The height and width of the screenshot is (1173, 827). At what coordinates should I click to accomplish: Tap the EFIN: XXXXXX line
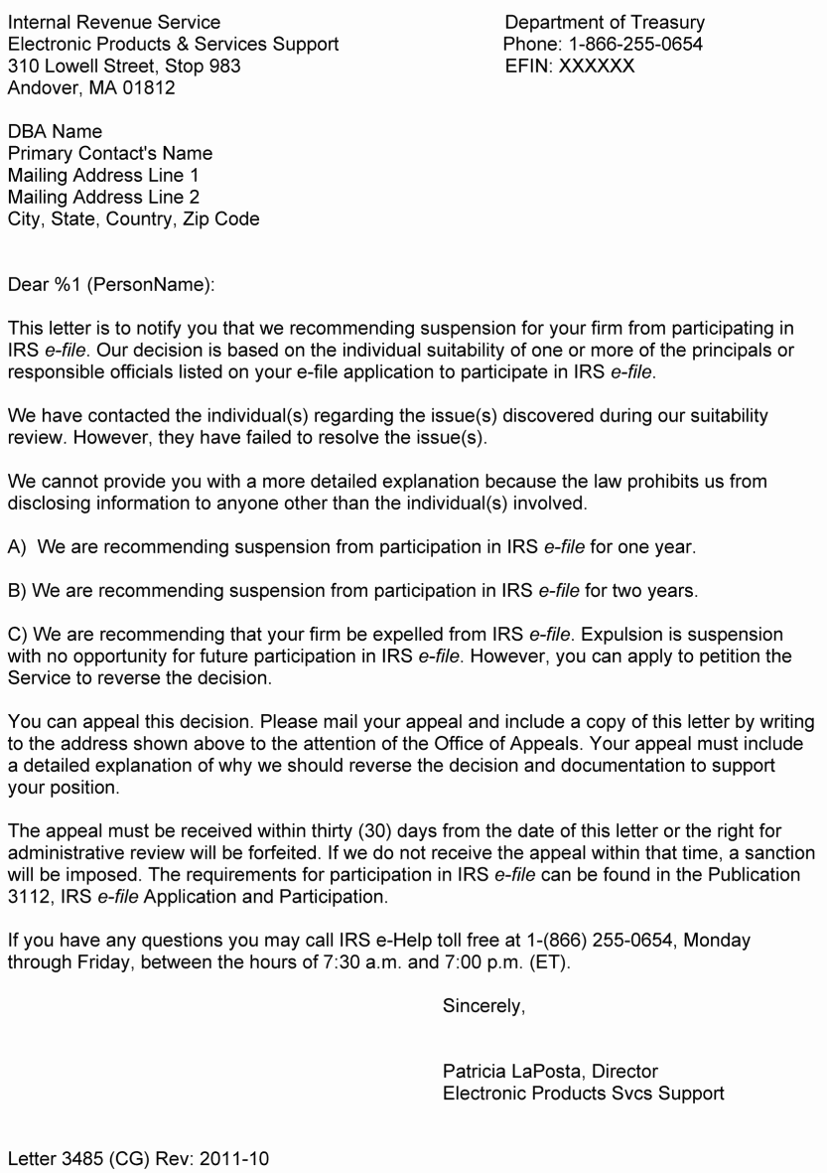click(570, 67)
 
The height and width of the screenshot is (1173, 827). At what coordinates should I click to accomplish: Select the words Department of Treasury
click(605, 22)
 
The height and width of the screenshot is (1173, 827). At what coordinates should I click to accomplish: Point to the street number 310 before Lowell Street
click(22, 67)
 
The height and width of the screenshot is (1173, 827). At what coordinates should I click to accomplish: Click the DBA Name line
click(55, 132)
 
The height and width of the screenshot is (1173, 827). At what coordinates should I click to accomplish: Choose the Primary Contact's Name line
click(110, 154)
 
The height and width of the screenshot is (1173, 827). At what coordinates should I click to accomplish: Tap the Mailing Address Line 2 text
click(103, 198)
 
